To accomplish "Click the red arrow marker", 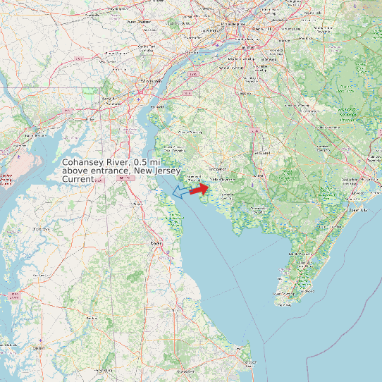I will pyautogui.click(x=199, y=188).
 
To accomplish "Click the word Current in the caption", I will pyautogui.click(x=78, y=180).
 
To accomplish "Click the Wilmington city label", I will pyautogui.click(x=149, y=82).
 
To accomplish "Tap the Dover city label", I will pyautogui.click(x=156, y=242).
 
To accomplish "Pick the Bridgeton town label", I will pyautogui.click(x=218, y=169).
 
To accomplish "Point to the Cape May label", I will pyautogui.click(x=285, y=304).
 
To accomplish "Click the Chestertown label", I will pyautogui.click(x=41, y=229).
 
